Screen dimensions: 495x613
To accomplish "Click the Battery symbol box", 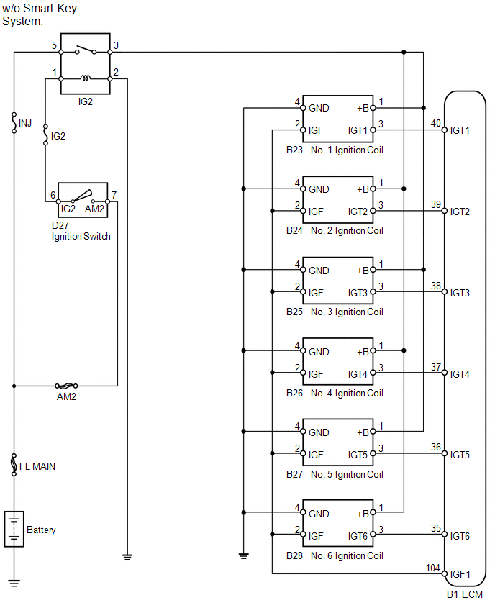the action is pos(14,529).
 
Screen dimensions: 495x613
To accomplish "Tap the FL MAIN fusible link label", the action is pos(37,466).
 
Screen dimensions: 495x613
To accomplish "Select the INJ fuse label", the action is pos(25,124).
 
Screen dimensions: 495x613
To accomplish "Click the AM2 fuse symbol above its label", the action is pos(66,386).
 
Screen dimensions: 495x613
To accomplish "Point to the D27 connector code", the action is pos(60,226).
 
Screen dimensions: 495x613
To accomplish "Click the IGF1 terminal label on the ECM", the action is pos(460,574).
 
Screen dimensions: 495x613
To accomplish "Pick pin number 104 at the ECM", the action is pos(433,568).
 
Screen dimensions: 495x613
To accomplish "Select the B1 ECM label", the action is pos(465,594).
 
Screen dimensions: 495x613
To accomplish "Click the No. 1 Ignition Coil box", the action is pos(338,119).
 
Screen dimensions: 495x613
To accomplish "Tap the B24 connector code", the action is pos(294,231).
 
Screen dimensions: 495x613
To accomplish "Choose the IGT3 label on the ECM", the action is pos(460,293).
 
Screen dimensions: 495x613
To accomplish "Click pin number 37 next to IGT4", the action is pos(436,367).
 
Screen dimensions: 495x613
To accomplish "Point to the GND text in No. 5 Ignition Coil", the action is pos(319,433).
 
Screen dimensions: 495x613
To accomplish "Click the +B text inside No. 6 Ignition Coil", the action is pos(363,514).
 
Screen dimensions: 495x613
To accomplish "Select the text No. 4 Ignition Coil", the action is pos(347,393).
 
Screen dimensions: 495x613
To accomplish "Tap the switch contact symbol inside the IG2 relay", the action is pos(86,50).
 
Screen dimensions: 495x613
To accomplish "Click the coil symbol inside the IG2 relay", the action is pos(85,78).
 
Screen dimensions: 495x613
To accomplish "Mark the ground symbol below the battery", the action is pos(14,584).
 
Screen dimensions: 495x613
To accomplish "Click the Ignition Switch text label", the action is pos(81,237).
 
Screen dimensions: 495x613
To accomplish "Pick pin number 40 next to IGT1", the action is pos(436,123).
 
